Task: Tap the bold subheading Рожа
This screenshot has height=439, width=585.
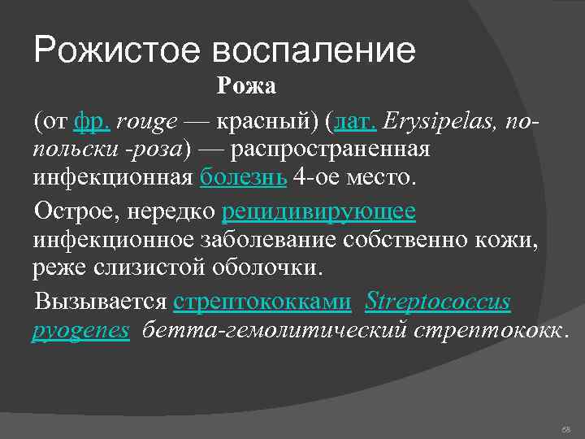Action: [x=246, y=85]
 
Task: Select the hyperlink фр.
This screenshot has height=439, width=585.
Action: [x=90, y=122]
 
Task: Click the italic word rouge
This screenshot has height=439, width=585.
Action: [x=148, y=123]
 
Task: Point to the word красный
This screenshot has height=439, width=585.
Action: [x=263, y=122]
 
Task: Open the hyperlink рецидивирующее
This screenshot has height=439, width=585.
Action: [x=318, y=211]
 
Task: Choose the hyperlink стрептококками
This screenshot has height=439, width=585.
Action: [x=262, y=302]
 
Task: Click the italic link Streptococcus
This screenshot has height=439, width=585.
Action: [x=438, y=302]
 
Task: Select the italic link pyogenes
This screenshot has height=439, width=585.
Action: [x=80, y=330]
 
